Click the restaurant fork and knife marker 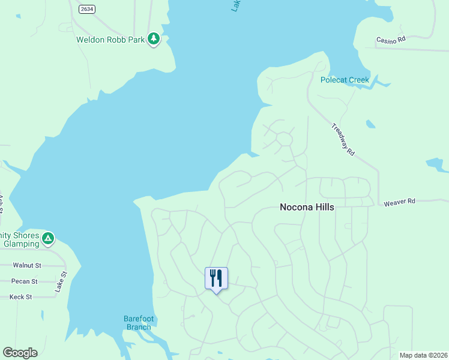[216, 278]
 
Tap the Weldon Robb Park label [110, 40]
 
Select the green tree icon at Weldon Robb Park [154, 39]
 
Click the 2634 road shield [86, 8]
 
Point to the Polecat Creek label [345, 80]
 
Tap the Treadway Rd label [343, 140]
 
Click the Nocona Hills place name [307, 207]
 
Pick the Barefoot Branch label [137, 322]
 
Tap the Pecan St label [25, 281]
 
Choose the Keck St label [20, 296]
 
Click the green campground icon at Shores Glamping [48, 239]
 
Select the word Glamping [21, 244]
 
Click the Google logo [20, 353]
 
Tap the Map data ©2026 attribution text [423, 355]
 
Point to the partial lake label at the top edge [235, 5]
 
